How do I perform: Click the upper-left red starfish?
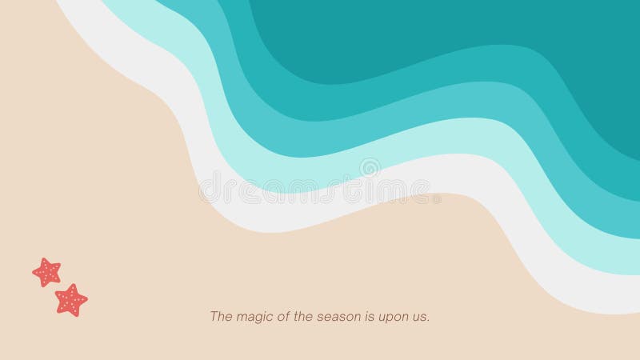point(46,272)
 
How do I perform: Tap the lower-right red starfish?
point(71,300)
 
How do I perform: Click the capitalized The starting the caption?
point(220,317)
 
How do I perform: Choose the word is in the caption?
point(369,317)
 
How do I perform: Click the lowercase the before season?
point(303,317)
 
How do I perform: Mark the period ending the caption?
point(430,320)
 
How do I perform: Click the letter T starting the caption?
point(214,317)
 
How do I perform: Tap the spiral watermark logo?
point(370,168)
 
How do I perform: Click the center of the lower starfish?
point(71,300)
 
